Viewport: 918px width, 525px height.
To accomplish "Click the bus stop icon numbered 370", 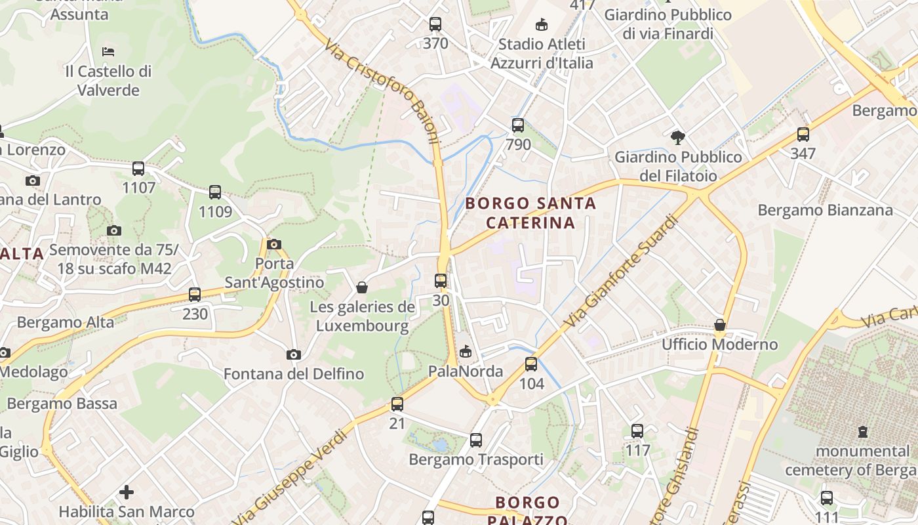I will point(435,25).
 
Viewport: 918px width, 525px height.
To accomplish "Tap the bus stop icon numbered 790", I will point(518,125).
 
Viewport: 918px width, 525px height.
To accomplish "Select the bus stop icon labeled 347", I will point(803,135).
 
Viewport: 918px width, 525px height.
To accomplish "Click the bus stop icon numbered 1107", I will point(138,169).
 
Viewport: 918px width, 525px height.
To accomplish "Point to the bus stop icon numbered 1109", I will point(215,193).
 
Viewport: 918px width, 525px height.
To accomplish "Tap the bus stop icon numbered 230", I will point(195,295).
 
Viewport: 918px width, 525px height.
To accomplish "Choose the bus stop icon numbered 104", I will point(531,364).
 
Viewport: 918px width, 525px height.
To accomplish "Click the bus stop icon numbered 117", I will point(637,431).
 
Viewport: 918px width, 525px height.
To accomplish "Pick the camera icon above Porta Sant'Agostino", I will point(274,245).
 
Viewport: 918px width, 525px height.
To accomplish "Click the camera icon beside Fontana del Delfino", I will point(294,355).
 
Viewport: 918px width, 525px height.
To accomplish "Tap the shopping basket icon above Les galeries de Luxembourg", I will point(361,287).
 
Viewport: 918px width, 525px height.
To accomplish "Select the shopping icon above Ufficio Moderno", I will point(720,325).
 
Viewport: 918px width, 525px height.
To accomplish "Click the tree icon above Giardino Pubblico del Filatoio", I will point(678,138).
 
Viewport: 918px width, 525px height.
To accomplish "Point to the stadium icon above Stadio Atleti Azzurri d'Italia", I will point(542,25).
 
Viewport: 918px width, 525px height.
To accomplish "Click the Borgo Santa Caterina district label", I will point(530,213).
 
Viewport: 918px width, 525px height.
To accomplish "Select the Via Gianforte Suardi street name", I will point(619,273).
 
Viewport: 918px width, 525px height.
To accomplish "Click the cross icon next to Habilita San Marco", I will point(127,492).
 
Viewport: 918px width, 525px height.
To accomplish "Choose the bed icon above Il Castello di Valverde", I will point(109,52).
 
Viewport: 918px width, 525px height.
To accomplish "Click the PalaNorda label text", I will point(466,371).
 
